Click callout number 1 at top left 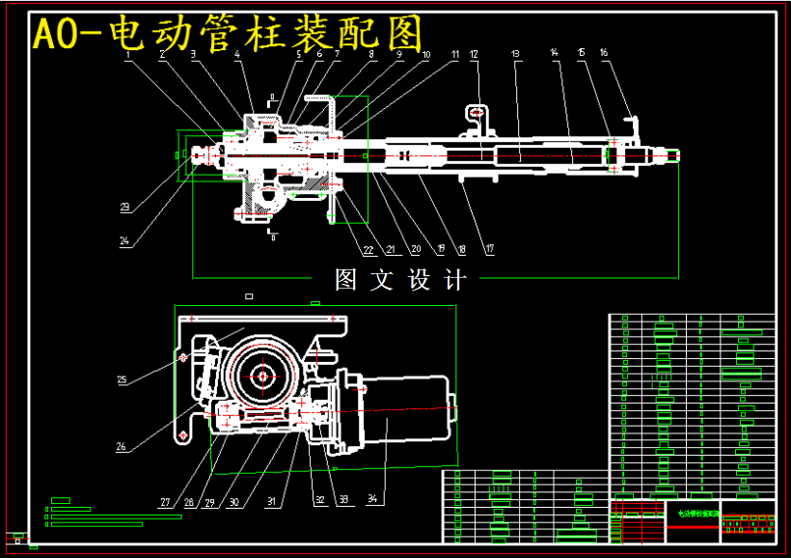click(127, 55)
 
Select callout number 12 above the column click(474, 54)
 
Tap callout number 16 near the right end click(604, 53)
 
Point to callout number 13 click(515, 53)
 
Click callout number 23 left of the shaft click(125, 207)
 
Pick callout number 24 click(125, 242)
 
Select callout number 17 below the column click(489, 250)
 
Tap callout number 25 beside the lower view click(123, 380)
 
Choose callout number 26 click(122, 446)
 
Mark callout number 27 click(165, 502)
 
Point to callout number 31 click(272, 501)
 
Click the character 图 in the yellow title click(400, 35)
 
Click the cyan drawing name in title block click(693, 515)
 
